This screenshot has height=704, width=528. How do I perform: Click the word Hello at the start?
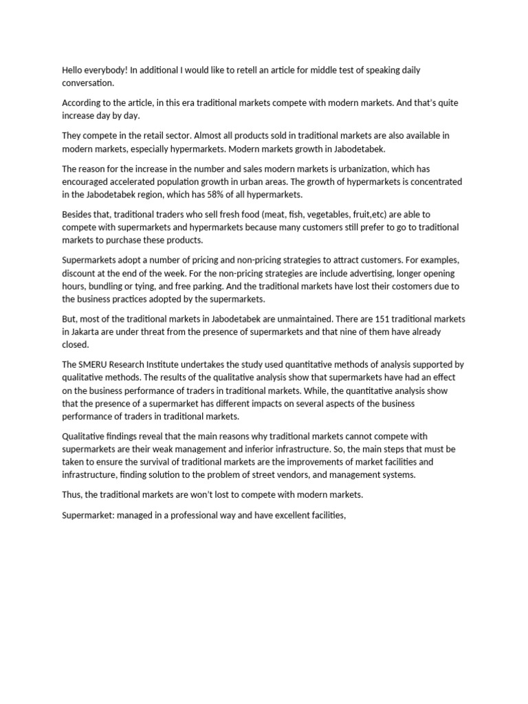[74, 70]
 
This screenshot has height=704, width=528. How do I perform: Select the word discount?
[81, 274]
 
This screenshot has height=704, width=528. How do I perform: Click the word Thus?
[73, 494]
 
